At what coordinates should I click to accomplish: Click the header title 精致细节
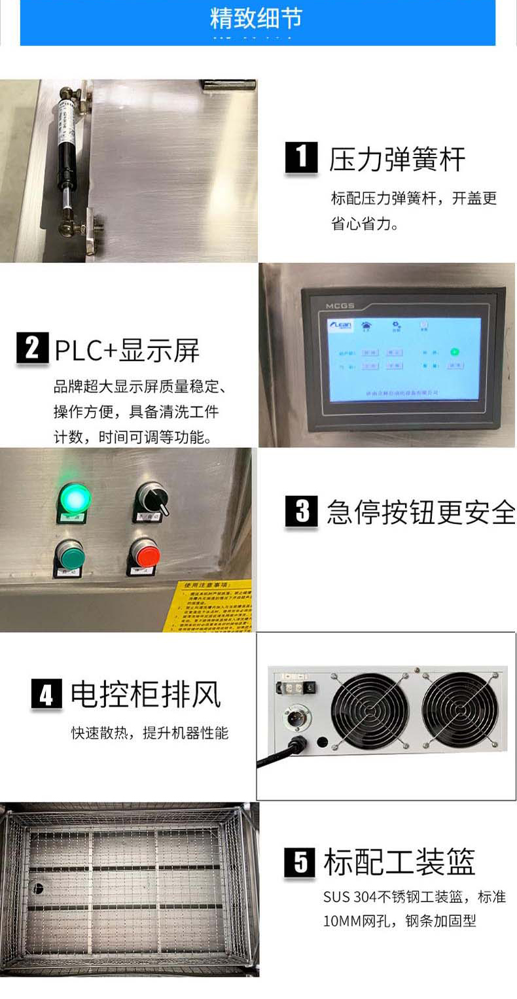pos(256,18)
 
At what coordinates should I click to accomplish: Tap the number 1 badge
pos(301,158)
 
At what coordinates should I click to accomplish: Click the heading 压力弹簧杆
pos(397,160)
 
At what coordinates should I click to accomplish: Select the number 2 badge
pos(32,348)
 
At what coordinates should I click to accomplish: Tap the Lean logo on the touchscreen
pos(340,326)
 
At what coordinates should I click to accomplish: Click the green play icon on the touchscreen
pos(454,352)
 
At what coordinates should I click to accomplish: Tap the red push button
pos(145,555)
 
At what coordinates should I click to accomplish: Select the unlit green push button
pos(69,555)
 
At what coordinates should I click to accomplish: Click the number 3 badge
pos(301,512)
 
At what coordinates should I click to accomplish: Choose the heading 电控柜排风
pos(146,695)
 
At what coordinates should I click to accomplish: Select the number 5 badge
pos(300,862)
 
